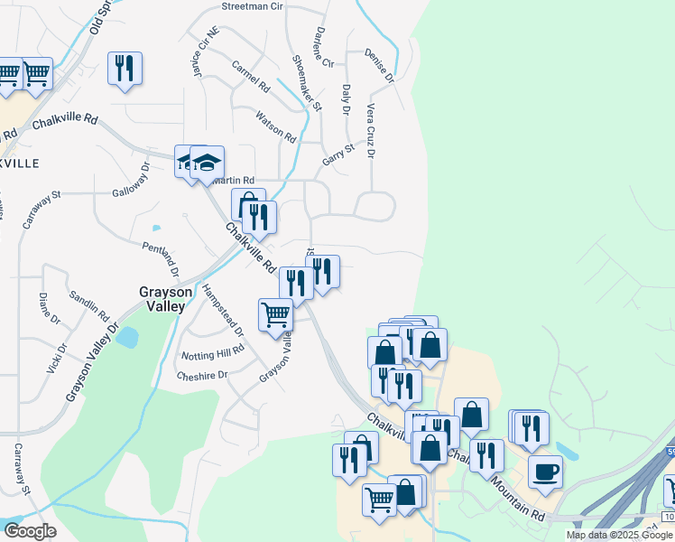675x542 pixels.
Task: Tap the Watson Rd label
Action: [x=275, y=127]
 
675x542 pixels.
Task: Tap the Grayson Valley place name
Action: [x=162, y=299]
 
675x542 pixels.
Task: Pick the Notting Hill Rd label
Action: [x=213, y=351]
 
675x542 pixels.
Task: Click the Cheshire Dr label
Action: [x=200, y=376]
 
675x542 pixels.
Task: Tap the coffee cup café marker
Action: [x=544, y=471]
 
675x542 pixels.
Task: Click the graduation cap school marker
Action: [x=207, y=163]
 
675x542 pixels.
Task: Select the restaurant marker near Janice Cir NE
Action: [x=125, y=68]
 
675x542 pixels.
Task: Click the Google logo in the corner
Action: [x=30, y=531]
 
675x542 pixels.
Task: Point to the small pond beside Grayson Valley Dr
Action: [x=127, y=338]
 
